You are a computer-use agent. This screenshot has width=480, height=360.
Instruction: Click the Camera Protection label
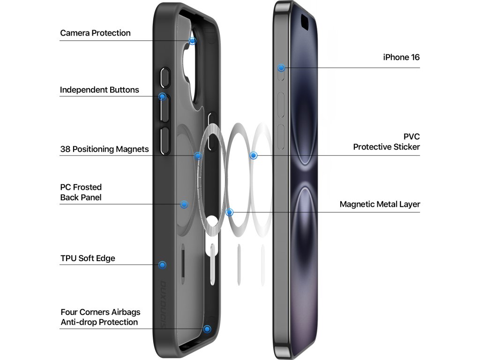pos(95,33)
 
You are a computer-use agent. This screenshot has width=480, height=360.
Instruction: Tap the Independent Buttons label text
pos(99,90)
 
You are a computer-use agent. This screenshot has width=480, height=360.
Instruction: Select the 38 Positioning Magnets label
pos(104,150)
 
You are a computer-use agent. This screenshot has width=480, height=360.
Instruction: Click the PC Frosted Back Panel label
pos(81,192)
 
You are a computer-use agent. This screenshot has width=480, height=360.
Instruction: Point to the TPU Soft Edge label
pos(88,258)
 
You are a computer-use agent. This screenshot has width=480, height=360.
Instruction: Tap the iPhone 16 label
pos(401,58)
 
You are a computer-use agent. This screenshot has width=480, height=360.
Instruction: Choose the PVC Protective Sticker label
pos(387,142)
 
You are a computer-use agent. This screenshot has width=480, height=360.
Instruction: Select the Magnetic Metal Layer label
pos(380,204)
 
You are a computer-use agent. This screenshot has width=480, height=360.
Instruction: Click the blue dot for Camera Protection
pos(193,41)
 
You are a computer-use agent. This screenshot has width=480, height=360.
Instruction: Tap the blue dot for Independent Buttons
pos(162,97)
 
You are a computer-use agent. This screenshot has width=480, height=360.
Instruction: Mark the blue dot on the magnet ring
pos(198,156)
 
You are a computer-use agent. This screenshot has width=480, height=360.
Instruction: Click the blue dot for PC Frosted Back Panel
pos(184,204)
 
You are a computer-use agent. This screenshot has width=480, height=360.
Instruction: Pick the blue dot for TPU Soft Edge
pos(162,265)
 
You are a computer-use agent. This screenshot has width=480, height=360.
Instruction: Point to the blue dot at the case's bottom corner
pos(207,329)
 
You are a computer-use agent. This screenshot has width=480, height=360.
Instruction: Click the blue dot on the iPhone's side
pos(281,68)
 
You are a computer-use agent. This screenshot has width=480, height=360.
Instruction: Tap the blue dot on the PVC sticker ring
pos(254,155)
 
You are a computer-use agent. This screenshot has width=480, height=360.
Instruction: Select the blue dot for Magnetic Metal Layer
pos(229,212)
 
